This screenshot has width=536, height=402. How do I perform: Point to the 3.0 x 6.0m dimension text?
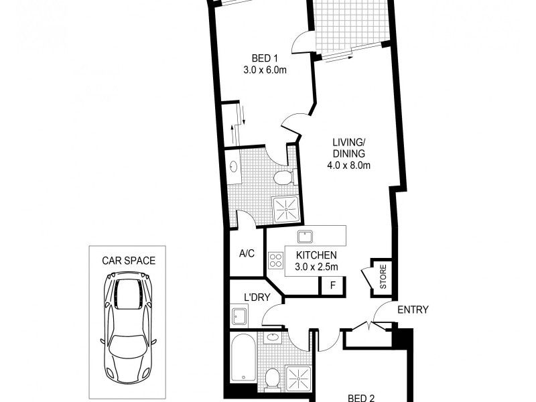coord(265,69)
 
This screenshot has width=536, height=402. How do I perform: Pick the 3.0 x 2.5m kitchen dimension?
coord(315,267)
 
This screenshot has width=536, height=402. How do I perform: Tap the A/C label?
coord(247,253)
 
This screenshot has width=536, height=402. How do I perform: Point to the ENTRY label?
coord(413,310)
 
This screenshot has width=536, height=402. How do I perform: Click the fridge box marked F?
coord(332,286)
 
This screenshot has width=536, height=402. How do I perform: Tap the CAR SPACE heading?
coord(128,261)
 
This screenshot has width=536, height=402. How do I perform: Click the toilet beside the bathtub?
coord(273,379)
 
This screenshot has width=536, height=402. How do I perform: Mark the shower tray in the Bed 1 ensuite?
coord(287,209)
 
